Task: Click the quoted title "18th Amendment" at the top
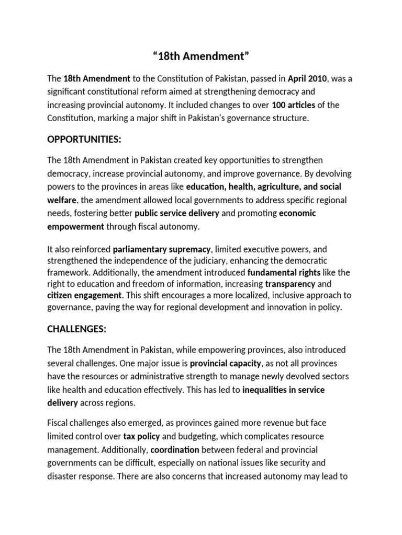point(201,57)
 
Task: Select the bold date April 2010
point(308,79)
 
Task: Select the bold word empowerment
point(75,226)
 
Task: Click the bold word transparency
point(290,284)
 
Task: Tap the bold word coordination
point(175,449)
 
